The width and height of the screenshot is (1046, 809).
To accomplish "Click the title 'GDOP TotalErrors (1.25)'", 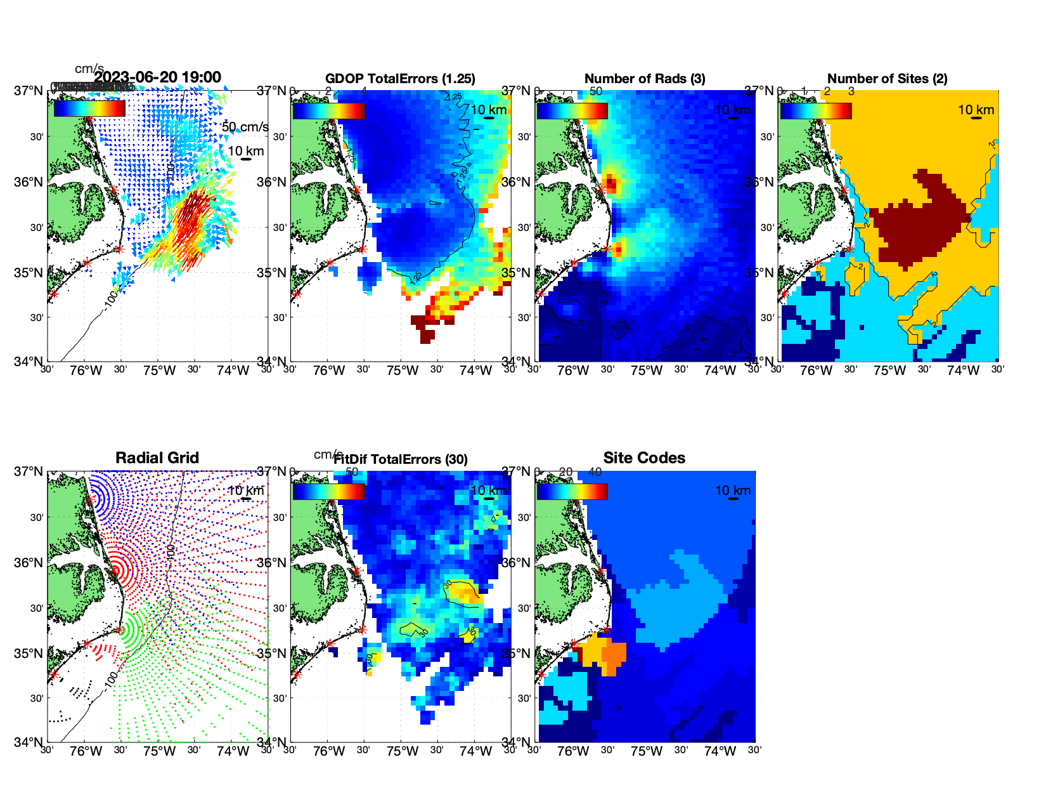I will point(400,79).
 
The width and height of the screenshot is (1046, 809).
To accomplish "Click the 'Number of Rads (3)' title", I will point(645,79).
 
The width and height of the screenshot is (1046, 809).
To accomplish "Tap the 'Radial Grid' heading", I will point(157,458).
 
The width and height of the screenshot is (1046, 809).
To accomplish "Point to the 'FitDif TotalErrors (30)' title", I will point(401,459).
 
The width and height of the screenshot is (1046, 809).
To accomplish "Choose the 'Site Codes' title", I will point(644,458).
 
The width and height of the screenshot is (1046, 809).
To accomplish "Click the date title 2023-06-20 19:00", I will point(157,77).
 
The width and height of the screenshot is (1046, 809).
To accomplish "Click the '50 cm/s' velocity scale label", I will point(245,127).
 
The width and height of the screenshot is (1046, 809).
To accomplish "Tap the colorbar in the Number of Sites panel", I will point(816,110).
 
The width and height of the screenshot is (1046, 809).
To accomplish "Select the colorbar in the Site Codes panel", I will point(572,491).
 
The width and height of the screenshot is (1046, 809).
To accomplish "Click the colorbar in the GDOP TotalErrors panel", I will point(329,110).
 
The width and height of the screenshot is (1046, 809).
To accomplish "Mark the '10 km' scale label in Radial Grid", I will point(245,490).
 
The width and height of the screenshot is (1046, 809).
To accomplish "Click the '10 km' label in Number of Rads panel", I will point(733,110).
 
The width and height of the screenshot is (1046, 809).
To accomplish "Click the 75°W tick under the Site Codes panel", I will point(647,752).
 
